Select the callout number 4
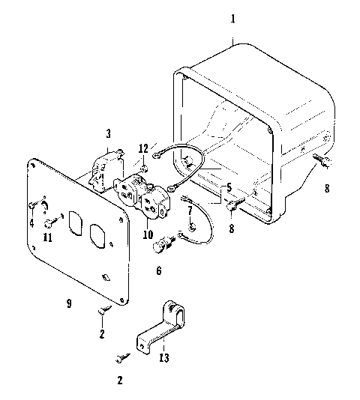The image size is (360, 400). [x=31, y=222]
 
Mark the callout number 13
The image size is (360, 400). [x=164, y=358]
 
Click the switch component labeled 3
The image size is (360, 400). [x=104, y=169]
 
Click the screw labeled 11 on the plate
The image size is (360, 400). [x=49, y=222]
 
